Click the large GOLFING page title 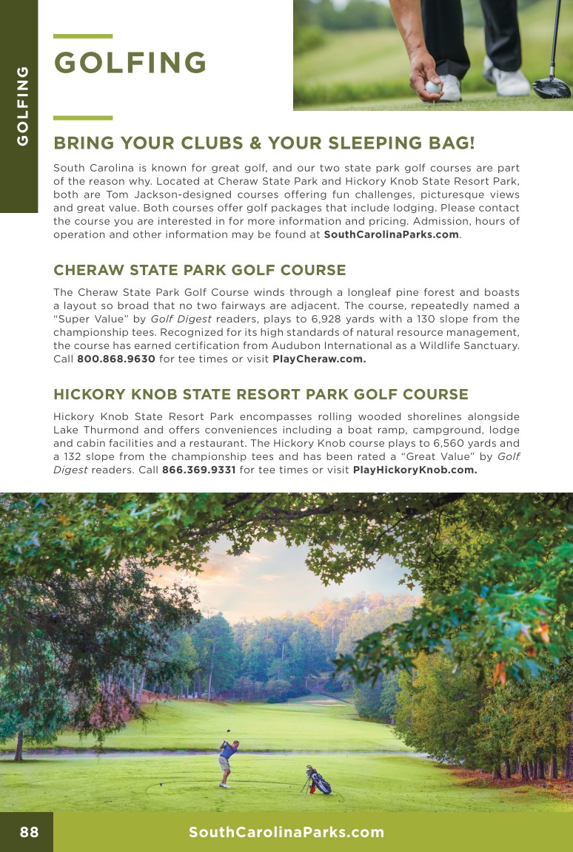point(130,64)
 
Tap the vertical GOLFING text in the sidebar point(23,106)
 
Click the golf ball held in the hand point(432,87)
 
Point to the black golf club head point(552,87)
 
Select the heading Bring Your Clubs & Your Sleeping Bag point(264,143)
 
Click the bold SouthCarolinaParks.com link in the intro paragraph point(392,234)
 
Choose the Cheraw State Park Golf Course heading point(200,270)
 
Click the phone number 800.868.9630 point(116,359)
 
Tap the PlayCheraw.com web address point(319,359)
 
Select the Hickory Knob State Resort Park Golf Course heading point(261,394)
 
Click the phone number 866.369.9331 point(198,470)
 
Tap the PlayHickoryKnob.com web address point(415,470)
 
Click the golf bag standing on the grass point(318,780)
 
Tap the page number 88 point(29,833)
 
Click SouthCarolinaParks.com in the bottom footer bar point(286,833)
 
